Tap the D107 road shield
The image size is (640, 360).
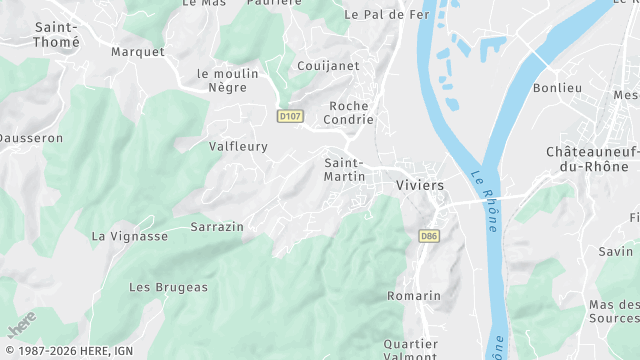click(290, 117)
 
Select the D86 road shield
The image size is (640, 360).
click(429, 236)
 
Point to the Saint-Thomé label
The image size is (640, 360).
click(57, 35)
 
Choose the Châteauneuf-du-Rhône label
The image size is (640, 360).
click(593, 159)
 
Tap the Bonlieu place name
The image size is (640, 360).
click(557, 88)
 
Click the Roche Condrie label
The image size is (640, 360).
click(349, 115)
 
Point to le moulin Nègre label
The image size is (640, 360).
click(228, 81)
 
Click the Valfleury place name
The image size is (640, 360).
click(238, 146)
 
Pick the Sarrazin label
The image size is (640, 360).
click(217, 227)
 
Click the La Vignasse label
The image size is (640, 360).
click(130, 236)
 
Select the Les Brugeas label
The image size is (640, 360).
click(168, 287)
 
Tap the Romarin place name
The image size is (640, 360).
click(414, 296)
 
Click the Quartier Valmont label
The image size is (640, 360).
click(411, 350)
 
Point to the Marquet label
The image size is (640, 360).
click(137, 51)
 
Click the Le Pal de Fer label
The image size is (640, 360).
click(386, 15)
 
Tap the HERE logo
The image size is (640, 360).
click(21, 325)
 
